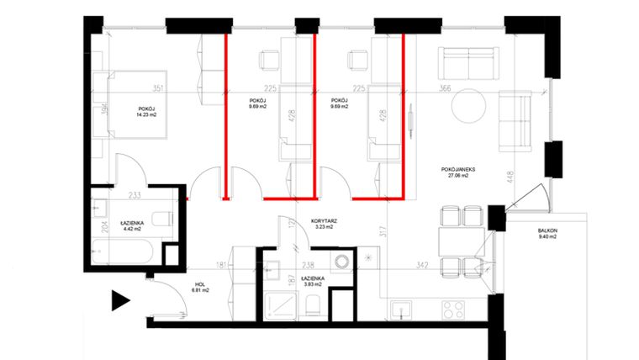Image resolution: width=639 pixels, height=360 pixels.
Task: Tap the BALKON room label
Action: (x=547, y=233)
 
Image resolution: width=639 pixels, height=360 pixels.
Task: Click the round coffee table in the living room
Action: (x=468, y=108)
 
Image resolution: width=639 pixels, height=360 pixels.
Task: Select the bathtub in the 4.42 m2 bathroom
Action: (x=123, y=251)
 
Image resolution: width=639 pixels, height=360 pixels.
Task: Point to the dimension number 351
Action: (x=156, y=87)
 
